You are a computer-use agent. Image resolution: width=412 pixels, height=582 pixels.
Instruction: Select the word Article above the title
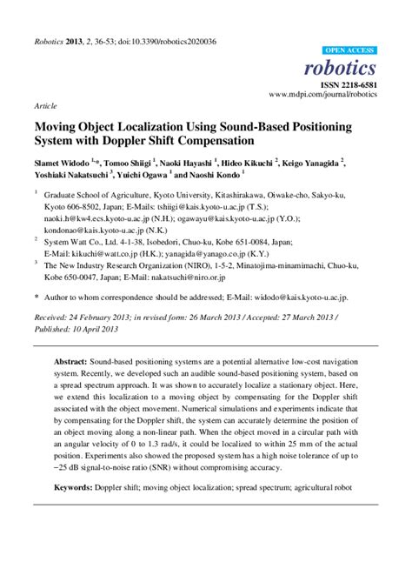pyautogui.click(x=45, y=104)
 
